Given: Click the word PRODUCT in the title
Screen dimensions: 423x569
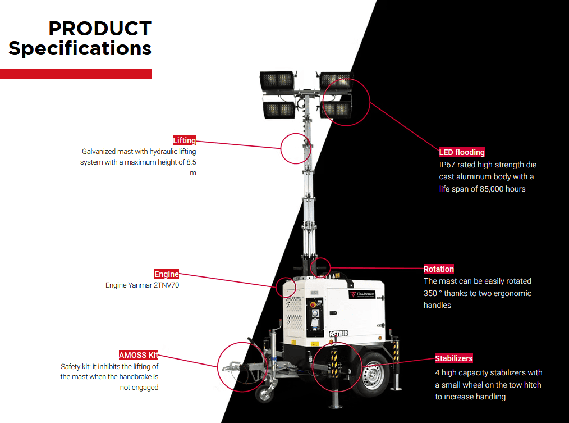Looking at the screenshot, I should [x=100, y=29].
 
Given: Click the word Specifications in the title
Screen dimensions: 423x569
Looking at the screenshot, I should [x=80, y=48].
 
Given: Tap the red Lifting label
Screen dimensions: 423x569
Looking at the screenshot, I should [x=184, y=140].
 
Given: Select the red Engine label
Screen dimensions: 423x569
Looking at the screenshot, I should [x=167, y=274].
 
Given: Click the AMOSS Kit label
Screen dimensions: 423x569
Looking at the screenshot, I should [x=138, y=355].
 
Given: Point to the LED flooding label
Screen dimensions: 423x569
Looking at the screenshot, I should [x=462, y=152].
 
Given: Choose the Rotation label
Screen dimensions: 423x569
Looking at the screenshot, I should [x=439, y=269].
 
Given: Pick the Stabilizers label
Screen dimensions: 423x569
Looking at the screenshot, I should [x=454, y=358].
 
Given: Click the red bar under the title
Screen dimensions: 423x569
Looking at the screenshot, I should [x=76, y=74].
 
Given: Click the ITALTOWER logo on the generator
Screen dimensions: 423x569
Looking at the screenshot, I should [x=362, y=294].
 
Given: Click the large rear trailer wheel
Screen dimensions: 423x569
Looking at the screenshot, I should [x=372, y=374].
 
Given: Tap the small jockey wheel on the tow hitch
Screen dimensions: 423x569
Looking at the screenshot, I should [x=264, y=392].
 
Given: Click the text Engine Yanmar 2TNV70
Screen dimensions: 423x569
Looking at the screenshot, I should [x=142, y=285].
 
